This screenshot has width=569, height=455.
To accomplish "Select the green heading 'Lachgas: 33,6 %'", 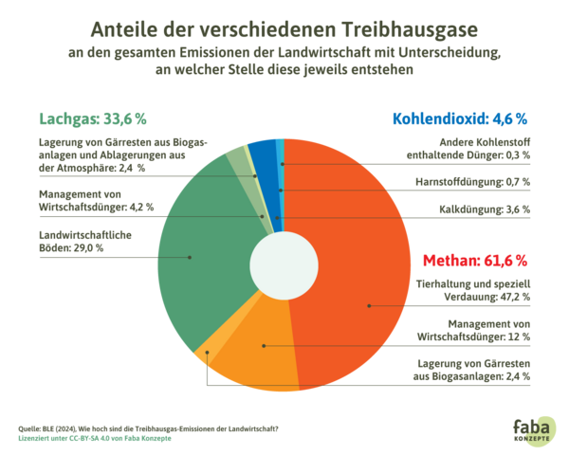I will (x=93, y=119).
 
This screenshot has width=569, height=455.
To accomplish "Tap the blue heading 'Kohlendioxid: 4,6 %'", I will (x=460, y=119).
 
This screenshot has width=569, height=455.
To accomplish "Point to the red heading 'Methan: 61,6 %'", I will (x=475, y=260).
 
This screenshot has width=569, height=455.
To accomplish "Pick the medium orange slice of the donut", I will (x=256, y=351).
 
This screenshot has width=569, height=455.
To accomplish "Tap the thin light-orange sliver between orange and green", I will (x=202, y=357).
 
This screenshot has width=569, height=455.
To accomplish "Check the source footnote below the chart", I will (x=142, y=432).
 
